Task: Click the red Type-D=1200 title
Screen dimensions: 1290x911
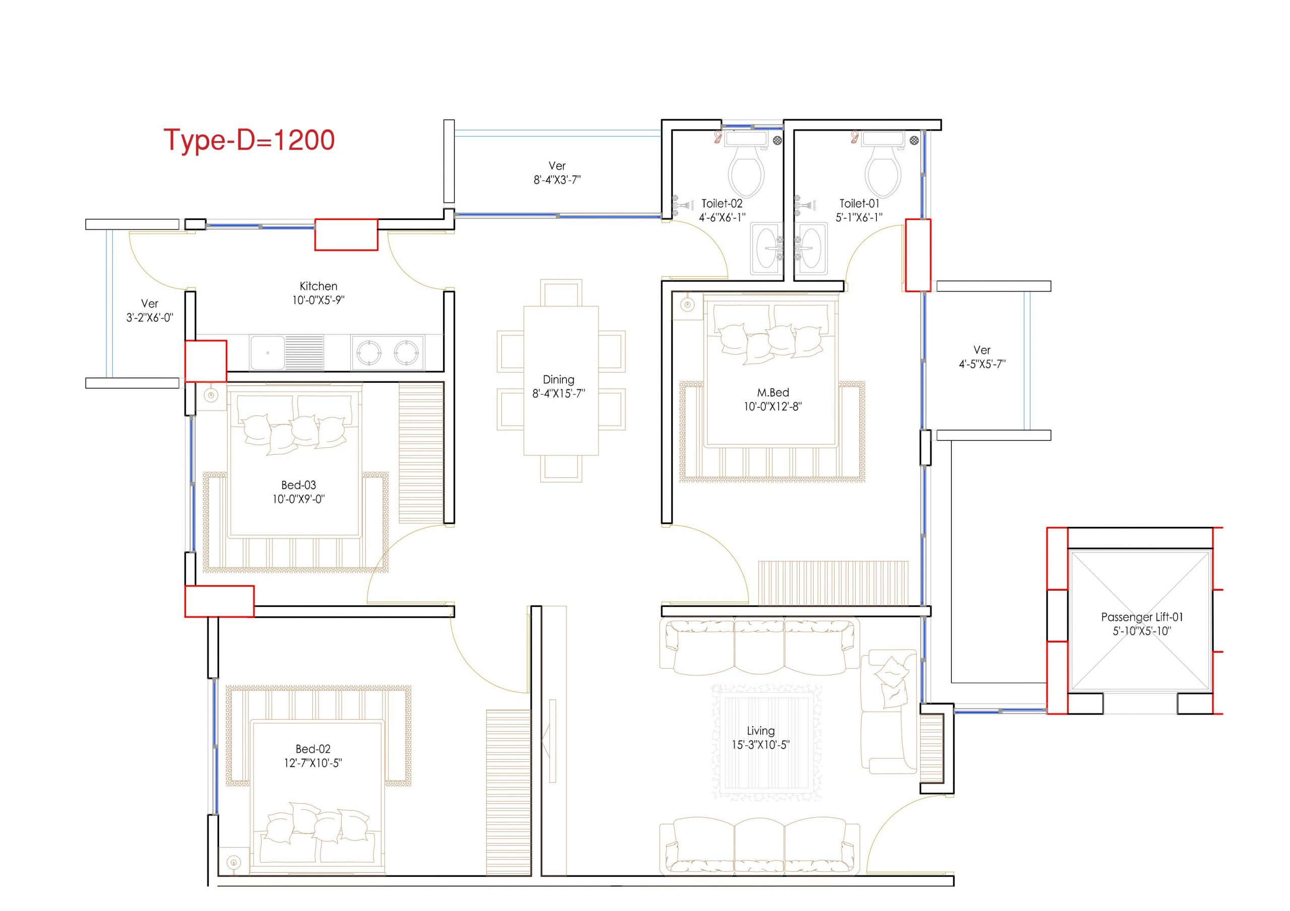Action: (x=249, y=140)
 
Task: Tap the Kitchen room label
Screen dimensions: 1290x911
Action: (x=318, y=286)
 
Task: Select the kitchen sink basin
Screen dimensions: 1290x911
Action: (x=268, y=352)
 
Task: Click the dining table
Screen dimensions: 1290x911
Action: (x=561, y=380)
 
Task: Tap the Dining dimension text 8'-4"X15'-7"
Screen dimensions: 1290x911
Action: (x=558, y=394)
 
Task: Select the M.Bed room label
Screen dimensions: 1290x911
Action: (x=772, y=392)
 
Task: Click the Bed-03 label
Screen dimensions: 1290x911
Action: (x=298, y=484)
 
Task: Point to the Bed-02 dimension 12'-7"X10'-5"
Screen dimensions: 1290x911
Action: (x=313, y=763)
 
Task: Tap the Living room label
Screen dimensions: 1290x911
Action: (x=761, y=731)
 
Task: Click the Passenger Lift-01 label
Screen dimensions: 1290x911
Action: (x=1142, y=617)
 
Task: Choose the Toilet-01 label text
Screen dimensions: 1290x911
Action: (x=859, y=203)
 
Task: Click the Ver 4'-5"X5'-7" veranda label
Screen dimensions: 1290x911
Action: (x=982, y=357)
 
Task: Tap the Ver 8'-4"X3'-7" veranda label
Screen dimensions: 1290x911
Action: (x=557, y=172)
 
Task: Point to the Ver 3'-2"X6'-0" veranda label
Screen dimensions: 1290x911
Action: (x=150, y=310)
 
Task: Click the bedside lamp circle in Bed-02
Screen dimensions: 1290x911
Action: (x=234, y=862)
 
